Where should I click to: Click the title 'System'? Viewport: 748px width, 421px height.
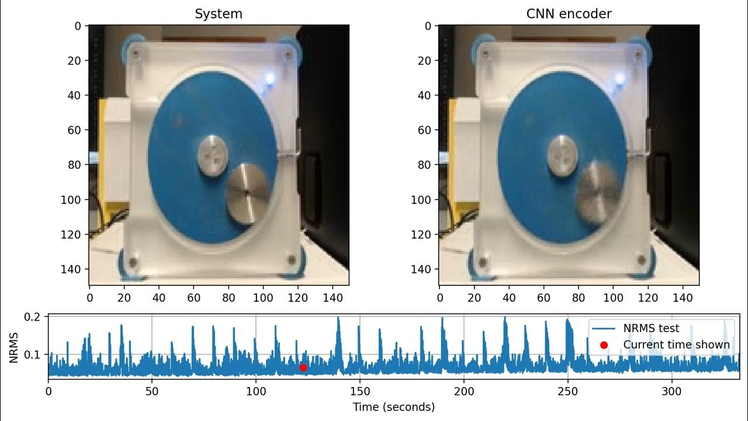pyautogui.click(x=219, y=14)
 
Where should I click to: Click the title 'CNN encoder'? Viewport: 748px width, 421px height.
pyautogui.click(x=569, y=14)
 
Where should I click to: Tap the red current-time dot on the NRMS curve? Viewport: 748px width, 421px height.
pyautogui.click(x=303, y=367)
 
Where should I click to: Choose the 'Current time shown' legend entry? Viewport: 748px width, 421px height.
pyautogui.click(x=676, y=344)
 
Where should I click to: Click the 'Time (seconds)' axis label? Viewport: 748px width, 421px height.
pyautogui.click(x=393, y=407)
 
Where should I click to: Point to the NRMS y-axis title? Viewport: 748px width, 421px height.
pyautogui.click(x=13, y=347)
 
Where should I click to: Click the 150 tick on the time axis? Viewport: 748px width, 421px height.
pyautogui.click(x=360, y=390)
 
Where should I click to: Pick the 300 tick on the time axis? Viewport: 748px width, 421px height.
pyautogui.click(x=671, y=390)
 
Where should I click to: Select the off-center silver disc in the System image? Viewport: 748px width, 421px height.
pyautogui.click(x=247, y=192)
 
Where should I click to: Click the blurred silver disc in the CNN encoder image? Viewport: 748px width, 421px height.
pyautogui.click(x=597, y=192)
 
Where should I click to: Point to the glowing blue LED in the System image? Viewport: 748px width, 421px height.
pyautogui.click(x=269, y=78)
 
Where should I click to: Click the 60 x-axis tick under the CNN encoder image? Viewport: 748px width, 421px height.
pyautogui.click(x=543, y=297)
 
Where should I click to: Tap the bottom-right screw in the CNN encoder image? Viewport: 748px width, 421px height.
pyautogui.click(x=641, y=260)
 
